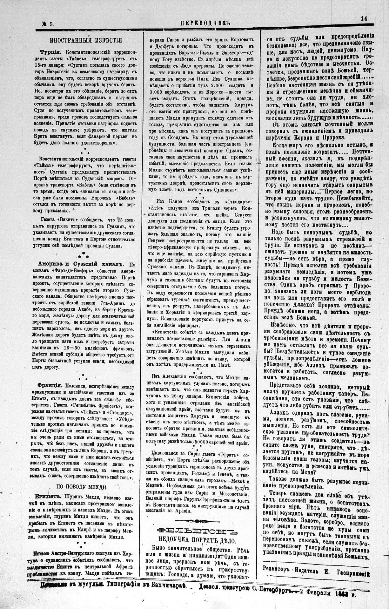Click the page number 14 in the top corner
point(364,18)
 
